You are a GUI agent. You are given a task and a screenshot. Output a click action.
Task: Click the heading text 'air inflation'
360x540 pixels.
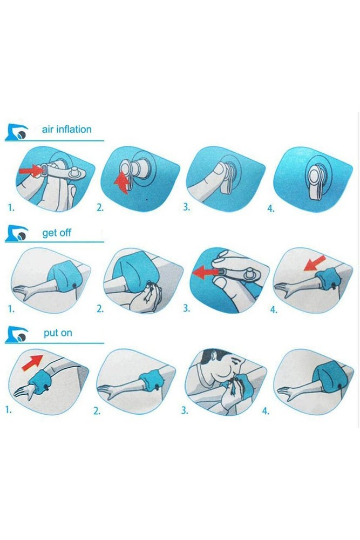66,130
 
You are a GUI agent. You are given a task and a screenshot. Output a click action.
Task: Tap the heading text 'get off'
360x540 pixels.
57,233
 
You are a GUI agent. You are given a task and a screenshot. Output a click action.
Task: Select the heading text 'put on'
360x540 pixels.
58,333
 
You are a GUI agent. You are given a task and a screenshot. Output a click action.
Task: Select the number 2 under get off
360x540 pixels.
99,309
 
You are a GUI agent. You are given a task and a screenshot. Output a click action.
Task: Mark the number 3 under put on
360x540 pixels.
185,410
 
